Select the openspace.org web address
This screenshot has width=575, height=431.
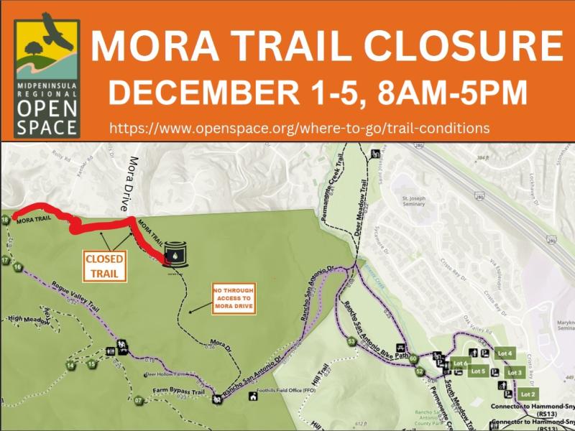299,128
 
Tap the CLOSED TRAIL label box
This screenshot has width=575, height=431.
104,266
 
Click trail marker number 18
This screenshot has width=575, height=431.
6,220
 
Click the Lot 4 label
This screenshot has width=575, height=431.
505,353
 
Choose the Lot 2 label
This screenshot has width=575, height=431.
528,394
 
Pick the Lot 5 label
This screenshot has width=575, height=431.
478,371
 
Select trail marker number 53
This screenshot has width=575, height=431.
351,342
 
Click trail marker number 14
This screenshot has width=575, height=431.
70,366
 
